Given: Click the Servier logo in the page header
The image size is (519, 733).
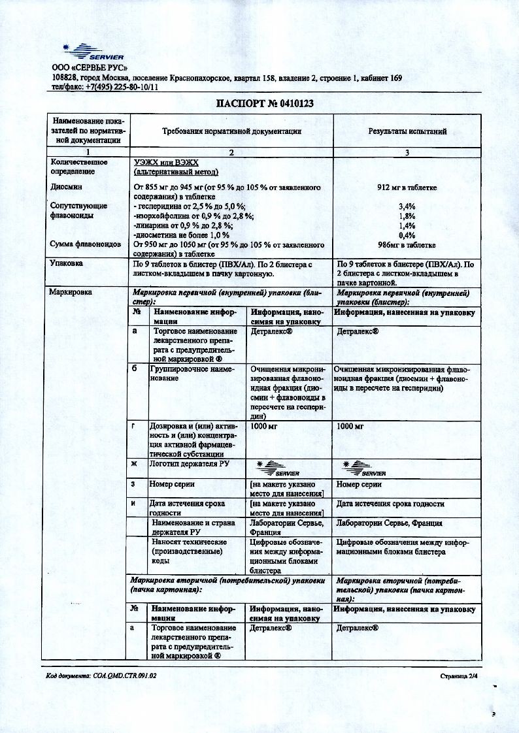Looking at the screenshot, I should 91,52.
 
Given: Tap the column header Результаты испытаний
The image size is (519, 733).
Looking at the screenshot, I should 407,131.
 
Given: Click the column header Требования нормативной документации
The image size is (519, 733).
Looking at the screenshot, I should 231,131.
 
